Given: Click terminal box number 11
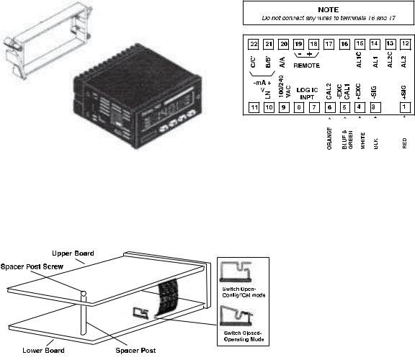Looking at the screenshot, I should (254, 107).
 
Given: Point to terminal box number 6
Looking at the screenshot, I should (329, 107).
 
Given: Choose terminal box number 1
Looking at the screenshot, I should (405, 107).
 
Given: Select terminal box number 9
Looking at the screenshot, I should (284, 107).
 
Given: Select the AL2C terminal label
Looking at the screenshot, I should (390, 63).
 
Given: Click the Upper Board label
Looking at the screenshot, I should (73, 253).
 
